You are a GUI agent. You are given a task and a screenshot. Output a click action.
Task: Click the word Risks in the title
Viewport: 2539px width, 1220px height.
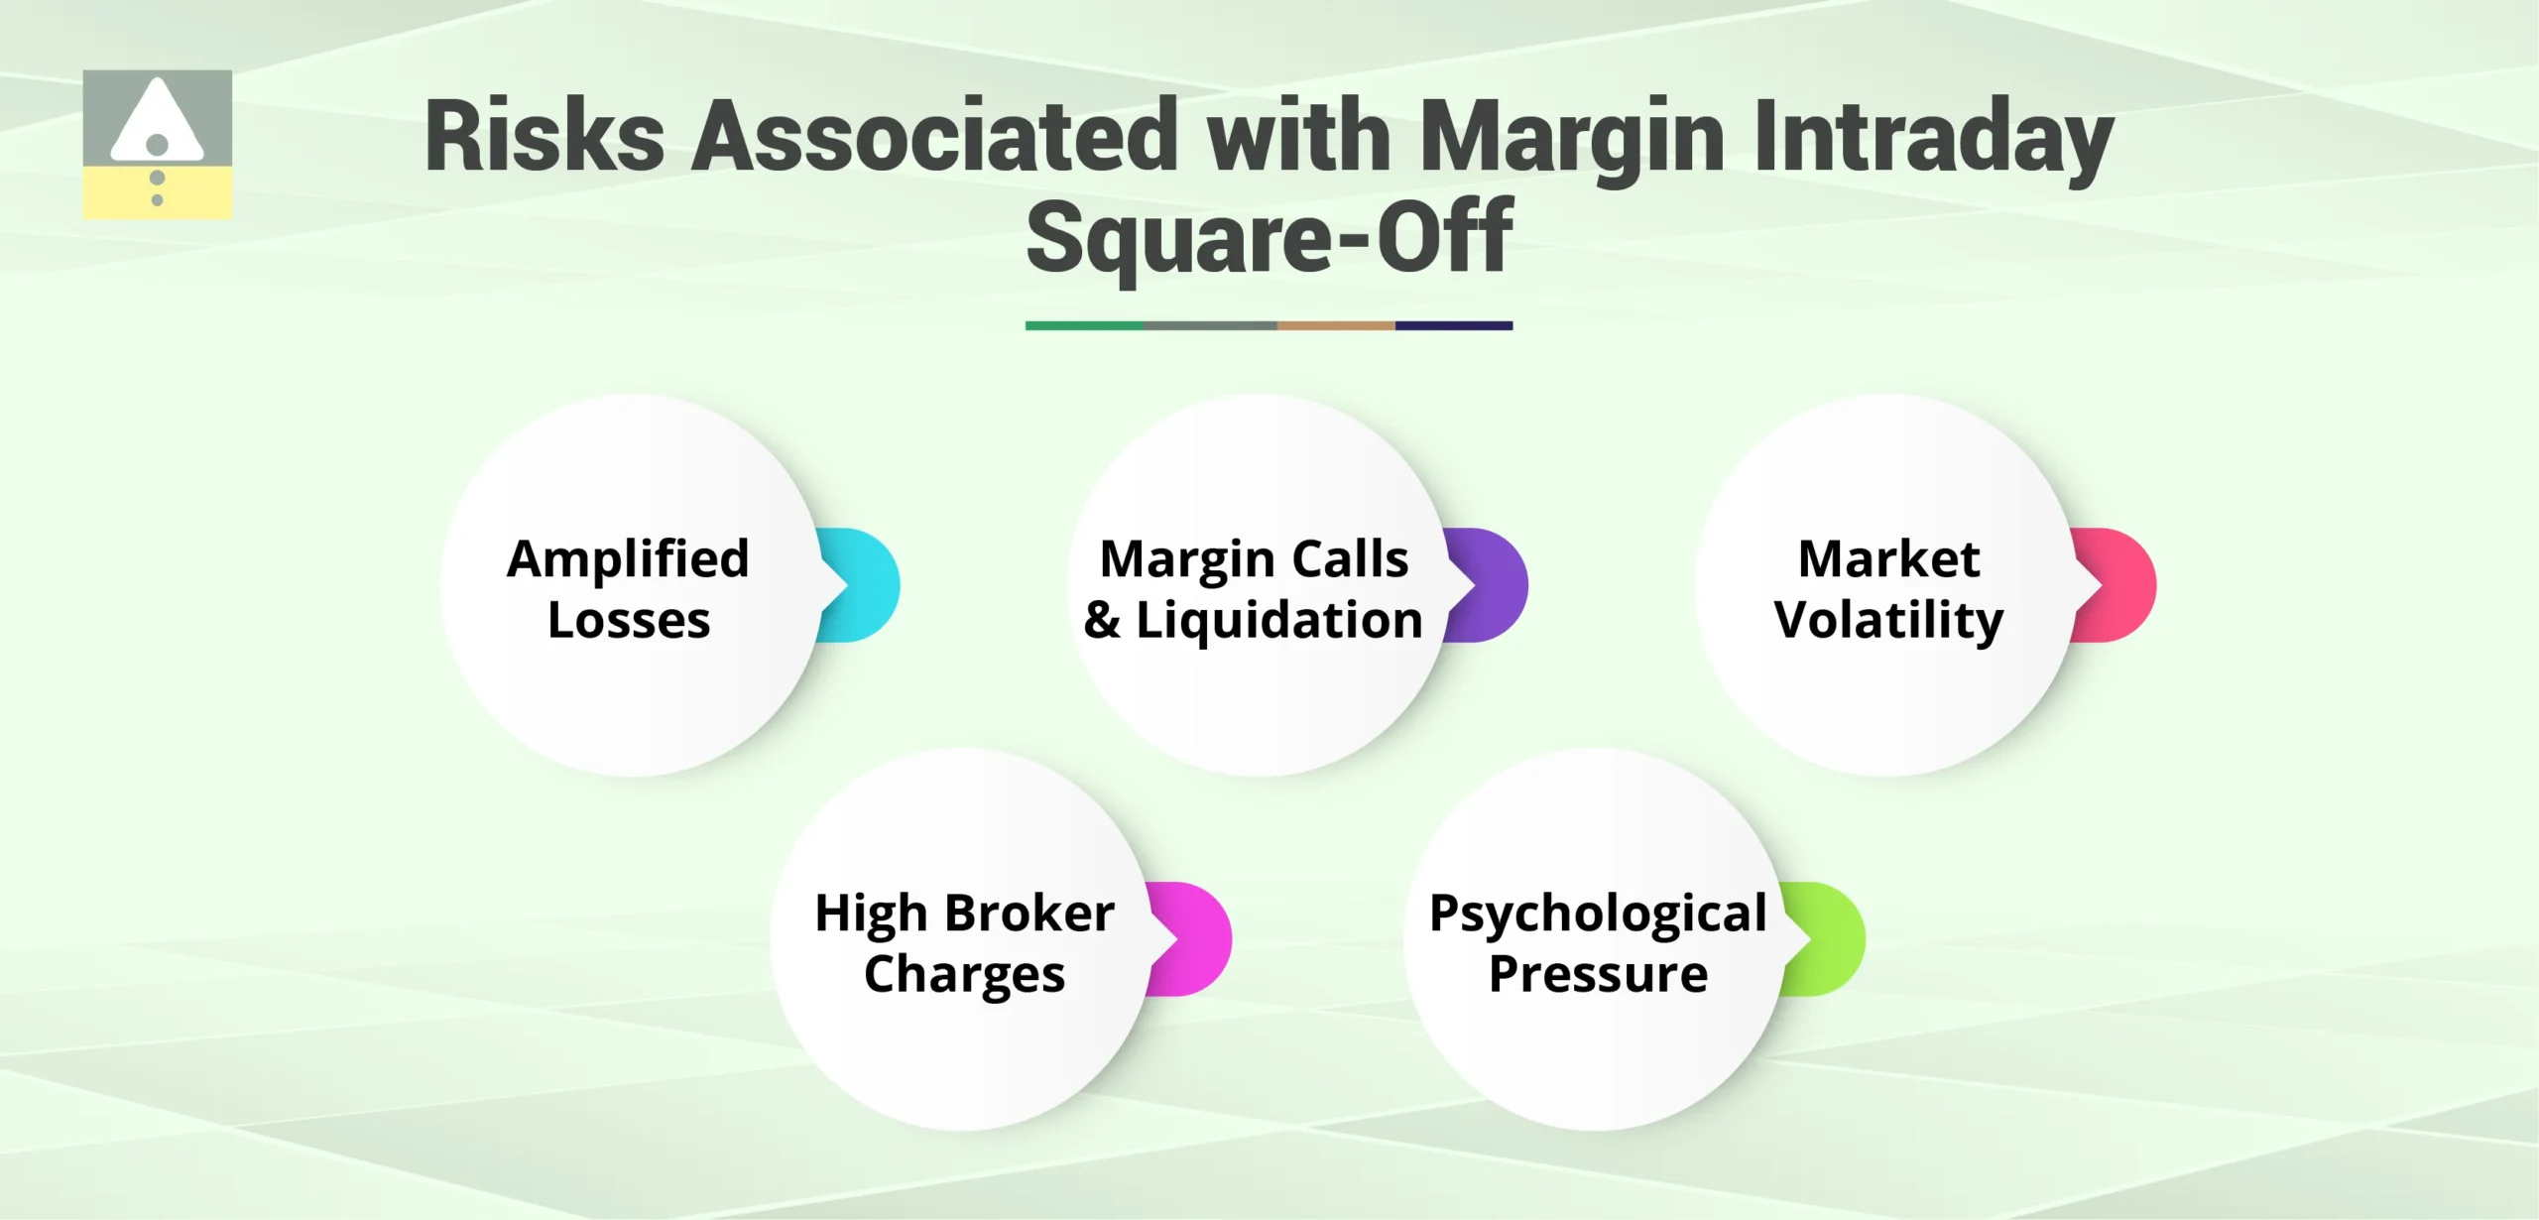click(544, 137)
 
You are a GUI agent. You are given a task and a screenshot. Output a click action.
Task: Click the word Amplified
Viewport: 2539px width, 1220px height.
click(628, 558)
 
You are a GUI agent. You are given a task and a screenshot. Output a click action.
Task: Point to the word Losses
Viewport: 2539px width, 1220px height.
click(629, 620)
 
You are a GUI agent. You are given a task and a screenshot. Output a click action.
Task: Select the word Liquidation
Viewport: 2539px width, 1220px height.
click(1278, 620)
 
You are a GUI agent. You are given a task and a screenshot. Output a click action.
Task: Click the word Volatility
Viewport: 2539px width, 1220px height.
click(1888, 620)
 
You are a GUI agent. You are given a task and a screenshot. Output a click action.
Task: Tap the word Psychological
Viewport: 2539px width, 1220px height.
click(1597, 913)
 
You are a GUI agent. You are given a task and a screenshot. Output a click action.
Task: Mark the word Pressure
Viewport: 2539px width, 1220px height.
click(1598, 973)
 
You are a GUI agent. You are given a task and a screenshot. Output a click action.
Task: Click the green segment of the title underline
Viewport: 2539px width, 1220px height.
click(1083, 325)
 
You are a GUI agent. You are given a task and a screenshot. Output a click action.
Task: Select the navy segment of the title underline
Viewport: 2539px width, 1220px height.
click(1453, 325)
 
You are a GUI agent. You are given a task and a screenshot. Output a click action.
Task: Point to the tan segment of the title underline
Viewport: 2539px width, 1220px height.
click(1335, 325)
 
